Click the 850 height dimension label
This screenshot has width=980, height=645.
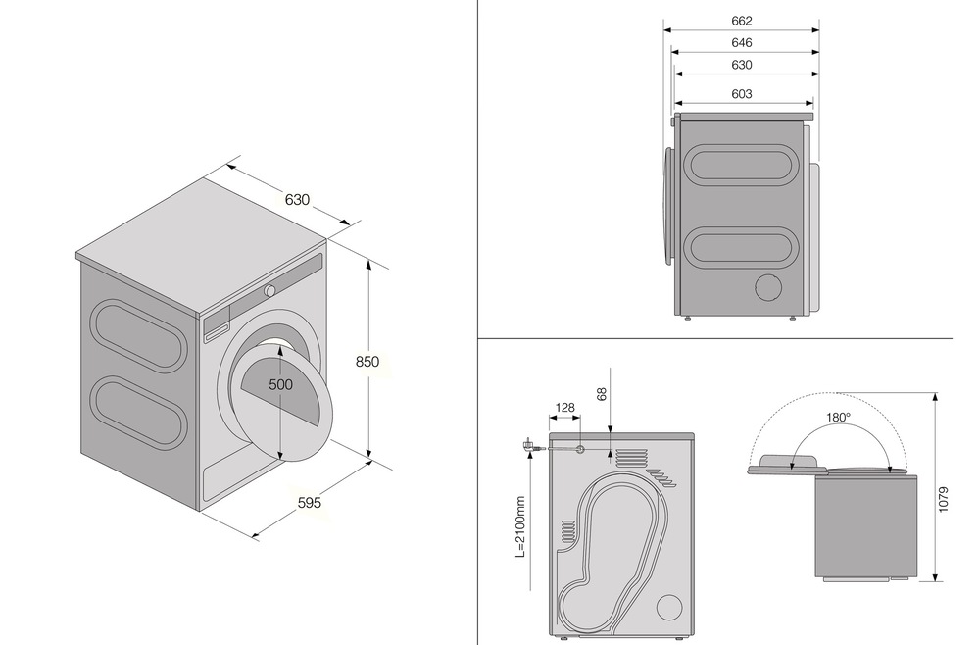pyautogui.click(x=367, y=362)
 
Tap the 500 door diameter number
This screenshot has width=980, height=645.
pyautogui.click(x=280, y=384)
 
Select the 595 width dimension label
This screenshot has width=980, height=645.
pyautogui.click(x=310, y=502)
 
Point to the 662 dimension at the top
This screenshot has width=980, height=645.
pyautogui.click(x=741, y=21)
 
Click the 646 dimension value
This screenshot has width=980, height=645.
pyautogui.click(x=741, y=42)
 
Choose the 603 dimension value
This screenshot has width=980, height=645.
pyautogui.click(x=741, y=94)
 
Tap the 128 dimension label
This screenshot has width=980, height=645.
pyautogui.click(x=564, y=408)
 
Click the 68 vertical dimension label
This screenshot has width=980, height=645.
pyautogui.click(x=602, y=394)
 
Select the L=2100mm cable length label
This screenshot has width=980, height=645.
pyautogui.click(x=520, y=526)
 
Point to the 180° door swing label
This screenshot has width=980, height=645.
pyautogui.click(x=838, y=417)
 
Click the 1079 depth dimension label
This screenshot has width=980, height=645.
pyautogui.click(x=944, y=499)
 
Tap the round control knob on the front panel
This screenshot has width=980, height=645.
pyautogui.click(x=270, y=290)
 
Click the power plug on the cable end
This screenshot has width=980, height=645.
pyautogui.click(x=527, y=446)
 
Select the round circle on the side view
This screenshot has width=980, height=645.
pyautogui.click(x=768, y=287)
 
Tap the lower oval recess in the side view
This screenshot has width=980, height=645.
pyautogui.click(x=742, y=248)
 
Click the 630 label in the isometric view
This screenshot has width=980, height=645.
pyautogui.click(x=297, y=199)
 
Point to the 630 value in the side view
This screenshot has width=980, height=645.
pyautogui.click(x=741, y=65)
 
